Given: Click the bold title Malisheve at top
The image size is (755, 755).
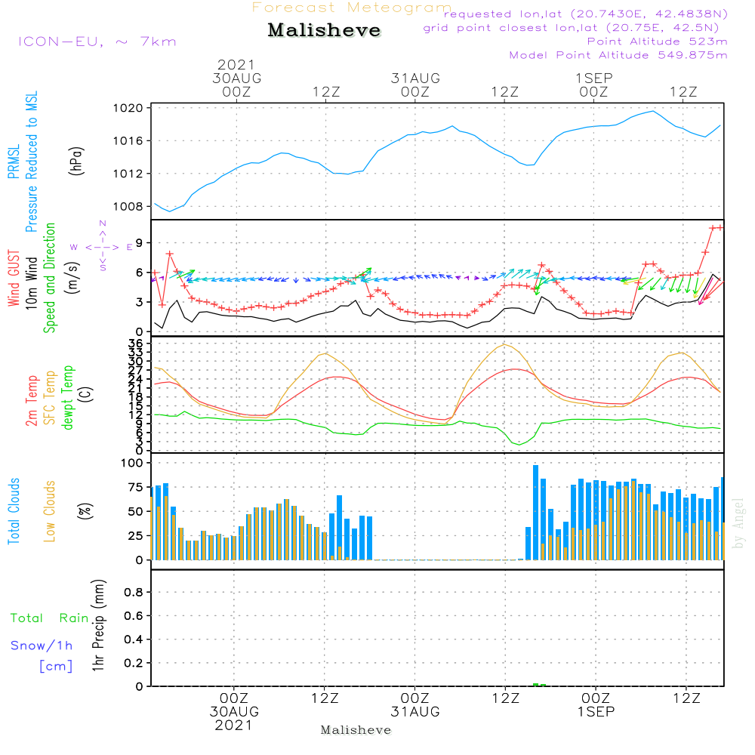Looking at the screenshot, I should coord(324,30).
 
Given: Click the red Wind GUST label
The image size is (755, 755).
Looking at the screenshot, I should coord(13,279).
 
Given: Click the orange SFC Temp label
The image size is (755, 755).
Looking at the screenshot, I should coord(50,398).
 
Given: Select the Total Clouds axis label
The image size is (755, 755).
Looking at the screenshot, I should coord(13,511).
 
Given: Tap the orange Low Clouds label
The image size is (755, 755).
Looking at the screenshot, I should coord(50,511).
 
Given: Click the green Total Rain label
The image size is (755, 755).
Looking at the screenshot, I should coord(50,618).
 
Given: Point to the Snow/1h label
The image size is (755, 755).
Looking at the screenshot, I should coord(42,646).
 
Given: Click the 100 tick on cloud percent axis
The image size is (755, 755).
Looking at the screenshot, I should coord(132,463).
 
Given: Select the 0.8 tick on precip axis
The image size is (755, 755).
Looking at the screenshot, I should coord(134,593).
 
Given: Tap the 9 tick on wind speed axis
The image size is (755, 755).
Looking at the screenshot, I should coord(140,242).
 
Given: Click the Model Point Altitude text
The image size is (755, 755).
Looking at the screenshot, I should coord(618,55).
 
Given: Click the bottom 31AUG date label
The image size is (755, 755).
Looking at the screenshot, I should coord(414,712).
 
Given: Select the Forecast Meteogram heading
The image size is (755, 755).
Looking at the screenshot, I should coord(352,8).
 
